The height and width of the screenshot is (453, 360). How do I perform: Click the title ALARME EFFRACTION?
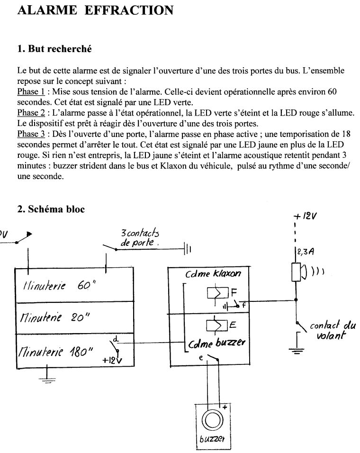pyautogui.click(x=95, y=10)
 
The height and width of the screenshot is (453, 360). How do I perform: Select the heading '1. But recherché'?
pyautogui.click(x=54, y=49)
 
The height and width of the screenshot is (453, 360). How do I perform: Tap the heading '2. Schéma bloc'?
pyautogui.click(x=51, y=209)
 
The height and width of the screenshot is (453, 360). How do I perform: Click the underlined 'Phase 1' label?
pyautogui.click(x=31, y=91)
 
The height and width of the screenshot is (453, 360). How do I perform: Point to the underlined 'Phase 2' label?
pyautogui.click(x=31, y=113)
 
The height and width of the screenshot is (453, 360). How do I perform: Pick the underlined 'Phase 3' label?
pyautogui.click(x=31, y=134)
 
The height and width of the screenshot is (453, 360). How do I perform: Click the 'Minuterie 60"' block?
pyautogui.click(x=75, y=285)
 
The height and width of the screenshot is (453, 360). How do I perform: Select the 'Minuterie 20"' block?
pyautogui.click(x=75, y=318)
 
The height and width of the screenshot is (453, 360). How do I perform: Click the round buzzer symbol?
pyautogui.click(x=212, y=420)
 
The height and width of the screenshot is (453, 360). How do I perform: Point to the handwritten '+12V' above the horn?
pyautogui.click(x=305, y=216)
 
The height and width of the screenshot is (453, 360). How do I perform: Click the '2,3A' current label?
pyautogui.click(x=304, y=252)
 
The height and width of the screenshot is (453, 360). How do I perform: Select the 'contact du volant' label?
pyautogui.click(x=333, y=330)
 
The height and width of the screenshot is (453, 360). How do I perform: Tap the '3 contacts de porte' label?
pyautogui.click(x=140, y=238)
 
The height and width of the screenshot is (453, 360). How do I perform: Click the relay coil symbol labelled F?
pyautogui.click(x=218, y=293)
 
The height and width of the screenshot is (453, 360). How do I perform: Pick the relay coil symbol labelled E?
pyautogui.click(x=217, y=326)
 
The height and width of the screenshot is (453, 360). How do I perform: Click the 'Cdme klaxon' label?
pyautogui.click(x=213, y=273)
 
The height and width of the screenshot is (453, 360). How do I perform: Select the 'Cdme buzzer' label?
pyautogui.click(x=217, y=343)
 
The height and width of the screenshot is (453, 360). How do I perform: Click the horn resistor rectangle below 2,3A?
pyautogui.click(x=296, y=272)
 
